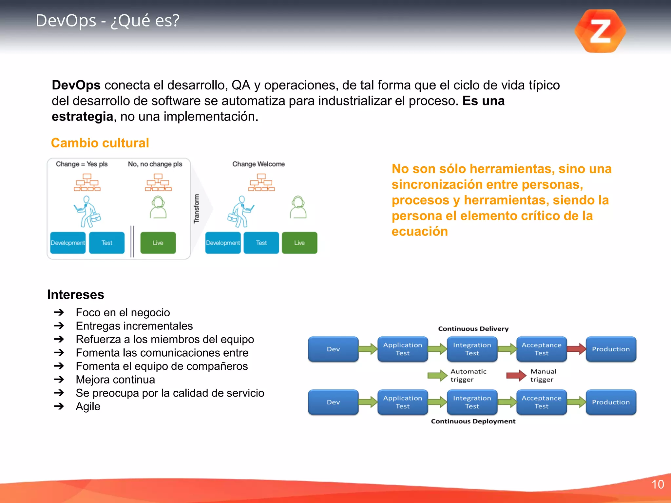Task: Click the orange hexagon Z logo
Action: pos(600,31)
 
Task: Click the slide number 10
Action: pos(657,484)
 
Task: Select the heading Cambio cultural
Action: pos(100,143)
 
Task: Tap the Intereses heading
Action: pos(76,294)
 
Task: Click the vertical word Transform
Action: pos(196,209)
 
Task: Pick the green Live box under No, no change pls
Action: pos(158,243)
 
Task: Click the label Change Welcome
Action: pos(259,164)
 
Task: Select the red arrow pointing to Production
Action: pos(576,349)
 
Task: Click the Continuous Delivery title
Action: pos(473,329)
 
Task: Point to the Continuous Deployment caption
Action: pos(473,421)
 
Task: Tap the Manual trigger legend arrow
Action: pos(516,376)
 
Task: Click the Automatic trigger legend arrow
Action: pos(437,376)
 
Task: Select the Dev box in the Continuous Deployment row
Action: pos(333,402)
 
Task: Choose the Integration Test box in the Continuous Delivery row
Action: pos(472,349)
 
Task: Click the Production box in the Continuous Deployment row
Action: pos(611,402)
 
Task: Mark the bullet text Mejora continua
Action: pos(115,380)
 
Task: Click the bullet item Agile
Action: pos(88,406)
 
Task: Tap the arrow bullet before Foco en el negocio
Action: pos(59,312)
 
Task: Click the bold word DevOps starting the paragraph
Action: pos(76,85)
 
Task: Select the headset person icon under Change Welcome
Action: pos(298,207)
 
